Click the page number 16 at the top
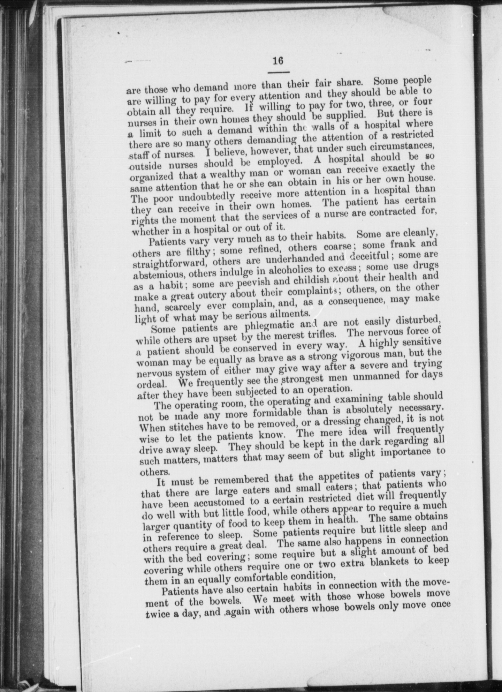(x=278, y=61)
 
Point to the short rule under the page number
(x=279, y=73)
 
